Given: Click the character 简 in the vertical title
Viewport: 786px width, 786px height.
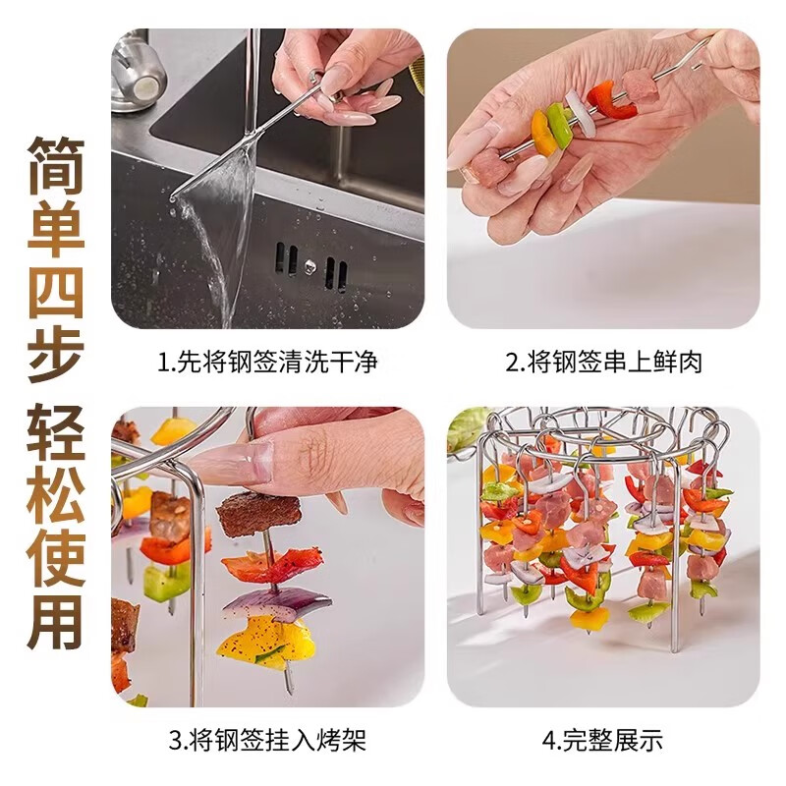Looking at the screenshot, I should click(55, 162).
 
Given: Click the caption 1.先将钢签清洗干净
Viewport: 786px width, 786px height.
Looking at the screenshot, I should click(268, 363).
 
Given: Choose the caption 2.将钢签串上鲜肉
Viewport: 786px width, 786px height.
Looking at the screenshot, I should click(604, 363).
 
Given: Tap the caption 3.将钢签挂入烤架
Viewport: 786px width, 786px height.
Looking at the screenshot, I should click(268, 739).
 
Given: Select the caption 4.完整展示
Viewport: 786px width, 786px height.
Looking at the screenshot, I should click(604, 739).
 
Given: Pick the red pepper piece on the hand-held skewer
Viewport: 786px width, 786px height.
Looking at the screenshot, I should click(601, 99).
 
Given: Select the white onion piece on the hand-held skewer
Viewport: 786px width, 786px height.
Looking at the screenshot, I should click(580, 111).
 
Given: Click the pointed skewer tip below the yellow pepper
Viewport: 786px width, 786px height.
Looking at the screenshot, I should click(289, 687).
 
